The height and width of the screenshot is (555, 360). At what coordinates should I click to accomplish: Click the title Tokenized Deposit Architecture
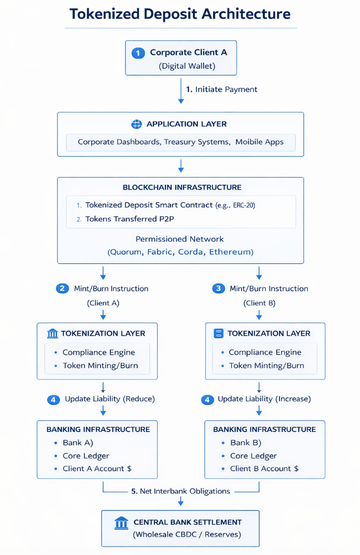(x=180, y=14)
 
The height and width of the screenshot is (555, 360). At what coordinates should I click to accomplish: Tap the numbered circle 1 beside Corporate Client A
(x=138, y=53)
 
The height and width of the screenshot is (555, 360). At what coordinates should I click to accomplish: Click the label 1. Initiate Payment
(x=221, y=90)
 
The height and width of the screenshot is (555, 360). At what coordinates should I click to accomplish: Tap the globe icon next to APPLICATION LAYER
(x=136, y=124)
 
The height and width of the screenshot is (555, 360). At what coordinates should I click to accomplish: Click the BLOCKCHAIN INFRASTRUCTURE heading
(x=182, y=187)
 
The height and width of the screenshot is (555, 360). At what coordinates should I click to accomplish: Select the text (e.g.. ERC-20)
(x=235, y=205)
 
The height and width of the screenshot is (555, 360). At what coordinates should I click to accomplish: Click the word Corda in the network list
(x=191, y=252)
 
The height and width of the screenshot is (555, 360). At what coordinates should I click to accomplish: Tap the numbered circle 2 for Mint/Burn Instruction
(x=62, y=288)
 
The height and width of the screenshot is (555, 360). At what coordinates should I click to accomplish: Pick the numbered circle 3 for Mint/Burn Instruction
(x=219, y=288)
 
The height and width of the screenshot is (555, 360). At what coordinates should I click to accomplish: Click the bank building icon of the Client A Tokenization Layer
(x=52, y=334)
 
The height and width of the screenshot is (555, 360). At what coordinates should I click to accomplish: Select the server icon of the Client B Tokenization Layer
(x=219, y=334)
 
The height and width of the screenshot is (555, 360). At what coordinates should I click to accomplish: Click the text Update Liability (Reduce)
(x=109, y=399)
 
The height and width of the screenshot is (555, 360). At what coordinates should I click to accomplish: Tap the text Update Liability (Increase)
(x=264, y=399)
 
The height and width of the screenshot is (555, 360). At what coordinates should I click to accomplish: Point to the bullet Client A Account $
(x=97, y=469)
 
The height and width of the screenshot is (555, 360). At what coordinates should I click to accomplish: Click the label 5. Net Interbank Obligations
(x=181, y=491)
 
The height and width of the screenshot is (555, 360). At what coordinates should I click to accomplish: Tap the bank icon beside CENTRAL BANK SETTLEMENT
(x=121, y=523)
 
